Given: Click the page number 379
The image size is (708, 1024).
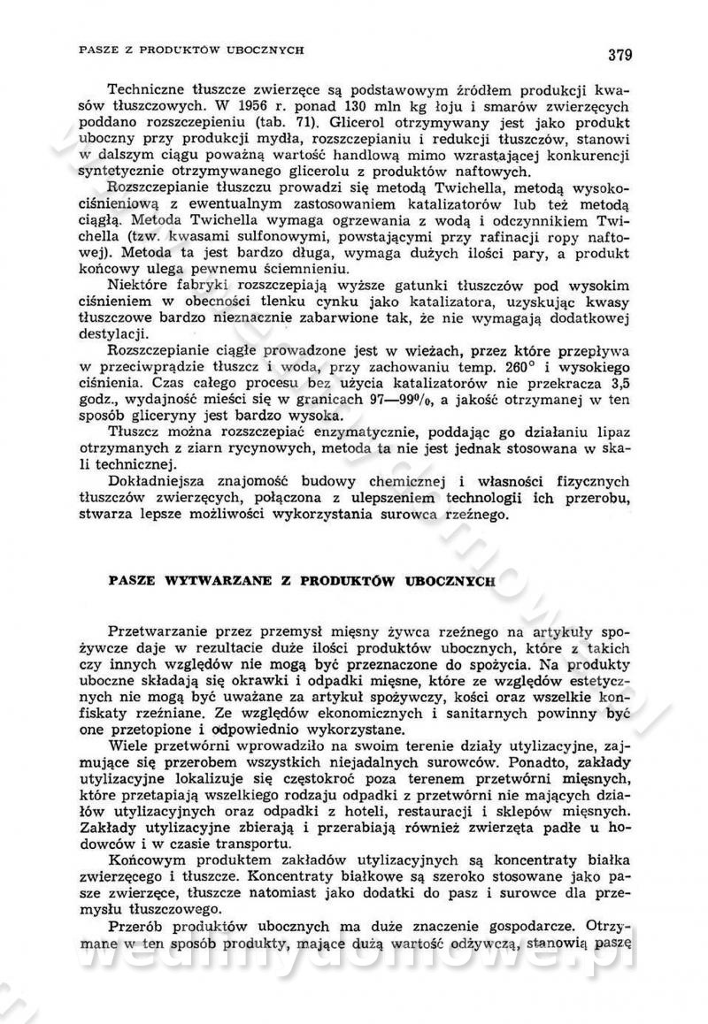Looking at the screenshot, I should pos(619,55).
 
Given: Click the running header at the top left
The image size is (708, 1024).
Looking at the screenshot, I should pos(191,50).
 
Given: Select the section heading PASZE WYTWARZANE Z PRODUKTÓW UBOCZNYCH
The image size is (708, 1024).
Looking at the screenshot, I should pos(300,583).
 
